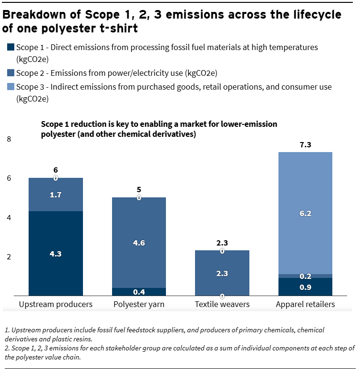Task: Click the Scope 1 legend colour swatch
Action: tap(10, 48)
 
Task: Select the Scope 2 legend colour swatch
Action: tap(10, 73)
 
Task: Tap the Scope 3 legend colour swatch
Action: tap(10, 87)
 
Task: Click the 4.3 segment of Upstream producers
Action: tap(56, 253)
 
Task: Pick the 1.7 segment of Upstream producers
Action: tap(56, 195)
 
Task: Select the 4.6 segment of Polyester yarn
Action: tap(139, 243)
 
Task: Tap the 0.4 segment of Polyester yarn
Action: tap(139, 292)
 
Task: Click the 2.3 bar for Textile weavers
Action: tap(222, 273)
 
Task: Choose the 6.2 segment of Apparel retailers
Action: tap(305, 213)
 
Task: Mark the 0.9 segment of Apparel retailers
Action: tap(305, 287)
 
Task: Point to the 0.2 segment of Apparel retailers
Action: tap(305, 276)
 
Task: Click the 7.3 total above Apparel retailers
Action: tap(305, 144)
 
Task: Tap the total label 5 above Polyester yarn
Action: tap(139, 190)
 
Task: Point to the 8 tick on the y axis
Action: tap(8, 139)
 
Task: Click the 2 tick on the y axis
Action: tap(8, 257)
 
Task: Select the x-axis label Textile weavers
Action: tap(222, 304)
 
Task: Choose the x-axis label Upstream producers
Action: tap(56, 304)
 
